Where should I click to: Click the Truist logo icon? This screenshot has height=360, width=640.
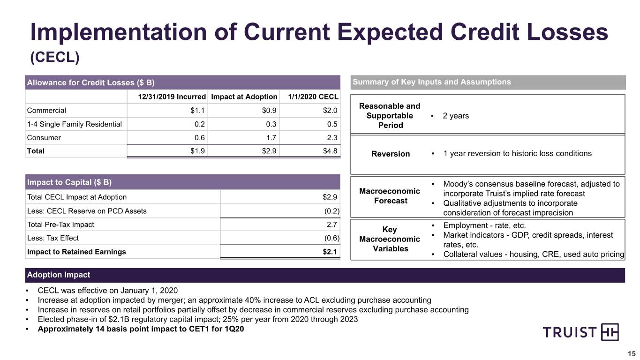tap(610, 332)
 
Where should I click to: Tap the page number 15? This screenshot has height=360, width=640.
tap(632, 353)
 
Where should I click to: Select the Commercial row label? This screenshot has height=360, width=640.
tap(46, 110)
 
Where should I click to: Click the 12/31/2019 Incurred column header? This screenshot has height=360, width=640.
tap(172, 97)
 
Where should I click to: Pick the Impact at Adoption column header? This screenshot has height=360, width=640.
tap(244, 97)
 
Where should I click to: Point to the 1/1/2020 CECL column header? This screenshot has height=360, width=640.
tap(313, 97)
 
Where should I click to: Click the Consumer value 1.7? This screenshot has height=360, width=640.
tap(271, 138)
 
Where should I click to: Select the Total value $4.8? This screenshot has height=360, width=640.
tap(330, 151)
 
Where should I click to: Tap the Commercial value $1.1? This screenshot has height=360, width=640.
tap(197, 110)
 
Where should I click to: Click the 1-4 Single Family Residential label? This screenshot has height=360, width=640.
tap(74, 124)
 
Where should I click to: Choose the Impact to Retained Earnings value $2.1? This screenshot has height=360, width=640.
tap(330, 252)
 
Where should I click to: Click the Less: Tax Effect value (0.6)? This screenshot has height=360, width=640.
tap(331, 238)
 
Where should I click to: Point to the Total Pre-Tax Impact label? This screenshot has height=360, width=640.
tap(60, 225)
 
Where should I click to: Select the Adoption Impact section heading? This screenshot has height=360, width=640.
tap(59, 275)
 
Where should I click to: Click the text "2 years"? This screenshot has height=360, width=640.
tap(456, 116)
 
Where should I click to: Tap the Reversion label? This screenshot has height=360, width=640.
tap(391, 154)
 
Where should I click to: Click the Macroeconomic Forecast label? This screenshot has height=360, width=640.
tap(390, 196)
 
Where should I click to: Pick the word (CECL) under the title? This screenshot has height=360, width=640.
tap(55, 58)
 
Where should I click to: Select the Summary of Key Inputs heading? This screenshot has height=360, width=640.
tap(432, 82)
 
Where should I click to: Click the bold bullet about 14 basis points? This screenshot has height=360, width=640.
tap(141, 329)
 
